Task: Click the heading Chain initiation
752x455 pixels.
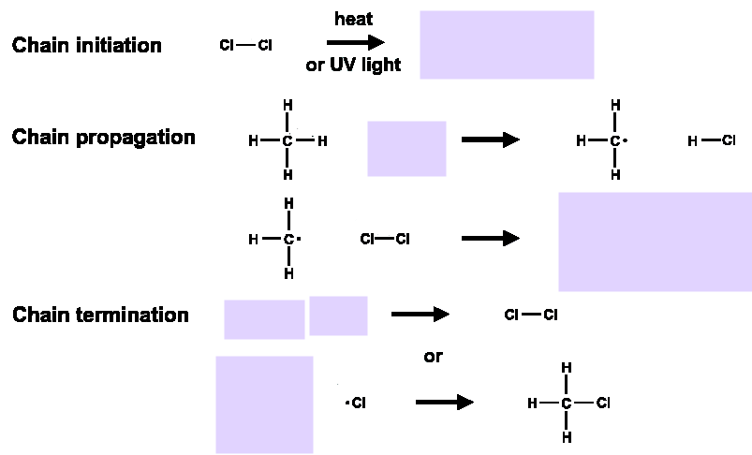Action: pyautogui.click(x=87, y=46)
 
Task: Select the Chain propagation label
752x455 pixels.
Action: pyautogui.click(x=104, y=138)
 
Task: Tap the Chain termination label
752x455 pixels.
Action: pyautogui.click(x=101, y=315)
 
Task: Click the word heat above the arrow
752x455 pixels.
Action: pyautogui.click(x=353, y=19)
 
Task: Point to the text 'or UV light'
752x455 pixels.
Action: pyautogui.click(x=353, y=65)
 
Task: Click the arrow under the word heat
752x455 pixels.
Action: pyautogui.click(x=355, y=43)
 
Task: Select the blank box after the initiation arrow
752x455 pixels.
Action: pyautogui.click(x=507, y=45)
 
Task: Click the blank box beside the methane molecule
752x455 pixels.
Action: pyautogui.click(x=406, y=149)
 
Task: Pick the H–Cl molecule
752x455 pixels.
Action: pyautogui.click(x=712, y=140)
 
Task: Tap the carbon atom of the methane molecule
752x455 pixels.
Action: pyautogui.click(x=287, y=141)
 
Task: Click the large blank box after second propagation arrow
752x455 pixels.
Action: pyautogui.click(x=656, y=242)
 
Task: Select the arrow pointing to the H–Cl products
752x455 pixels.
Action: pyautogui.click(x=491, y=140)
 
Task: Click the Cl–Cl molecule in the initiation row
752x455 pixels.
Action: pyautogui.click(x=245, y=45)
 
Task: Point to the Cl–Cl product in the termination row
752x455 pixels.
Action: pyautogui.click(x=531, y=315)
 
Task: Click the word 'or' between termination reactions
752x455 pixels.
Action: pyautogui.click(x=433, y=357)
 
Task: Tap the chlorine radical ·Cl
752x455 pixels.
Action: pyautogui.click(x=356, y=403)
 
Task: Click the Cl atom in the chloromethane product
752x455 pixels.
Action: pyautogui.click(x=603, y=403)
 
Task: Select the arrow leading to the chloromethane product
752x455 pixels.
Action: pyautogui.click(x=445, y=402)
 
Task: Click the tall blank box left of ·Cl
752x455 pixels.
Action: pyautogui.click(x=264, y=404)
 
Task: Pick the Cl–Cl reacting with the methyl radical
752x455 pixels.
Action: pyautogui.click(x=385, y=239)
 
